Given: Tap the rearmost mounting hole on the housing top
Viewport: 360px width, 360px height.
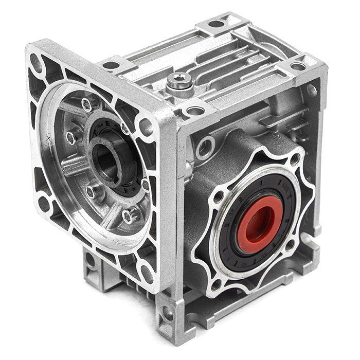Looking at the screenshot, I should (x=216, y=23).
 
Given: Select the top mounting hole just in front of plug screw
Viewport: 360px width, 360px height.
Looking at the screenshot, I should (x=195, y=110).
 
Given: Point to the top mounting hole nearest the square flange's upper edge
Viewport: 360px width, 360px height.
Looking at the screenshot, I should (x=111, y=65).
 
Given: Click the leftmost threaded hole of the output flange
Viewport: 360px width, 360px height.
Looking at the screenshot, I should (x=218, y=196).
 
